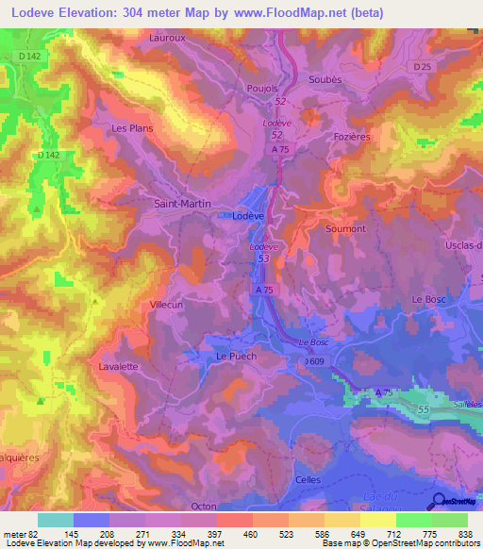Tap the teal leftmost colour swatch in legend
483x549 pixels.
(x=55, y=520)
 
